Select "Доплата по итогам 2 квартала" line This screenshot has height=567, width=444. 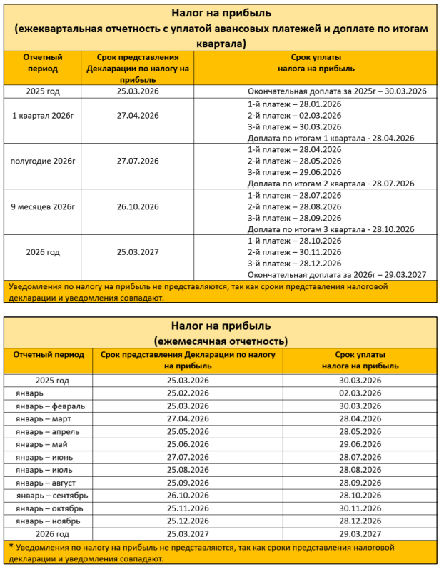(331, 184)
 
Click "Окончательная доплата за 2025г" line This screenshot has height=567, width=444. (336, 91)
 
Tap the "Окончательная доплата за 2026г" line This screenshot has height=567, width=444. (336, 275)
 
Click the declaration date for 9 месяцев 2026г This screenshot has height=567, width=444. (138, 207)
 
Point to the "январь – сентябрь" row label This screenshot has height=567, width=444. (52, 495)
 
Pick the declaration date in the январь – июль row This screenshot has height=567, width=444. (188, 470)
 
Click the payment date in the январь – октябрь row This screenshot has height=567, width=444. (361, 508)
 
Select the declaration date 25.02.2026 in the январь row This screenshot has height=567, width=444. (188, 393)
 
